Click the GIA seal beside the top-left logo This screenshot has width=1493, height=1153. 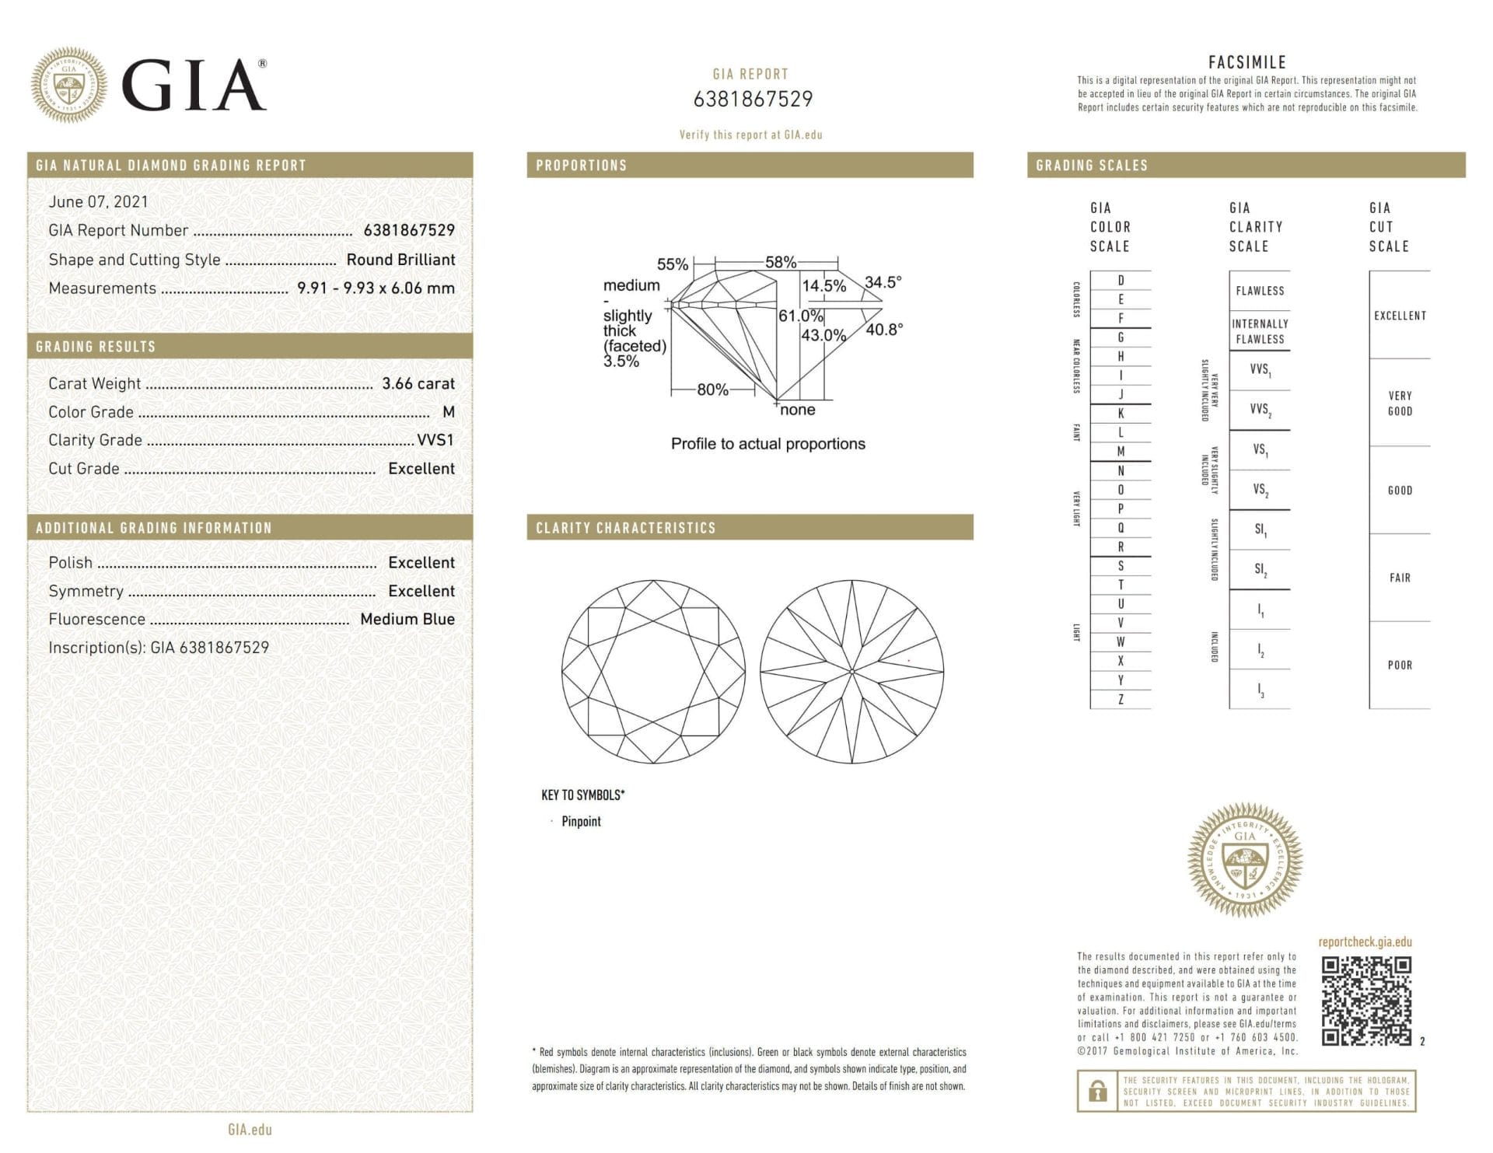tap(68, 85)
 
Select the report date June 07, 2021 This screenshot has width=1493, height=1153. tap(98, 201)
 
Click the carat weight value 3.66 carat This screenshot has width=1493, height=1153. tap(418, 383)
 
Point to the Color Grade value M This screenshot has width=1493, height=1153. tap(448, 412)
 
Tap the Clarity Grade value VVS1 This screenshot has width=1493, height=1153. tap(435, 440)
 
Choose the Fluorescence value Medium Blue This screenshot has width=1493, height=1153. tap(407, 619)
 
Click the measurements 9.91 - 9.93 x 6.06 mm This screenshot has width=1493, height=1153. tap(376, 288)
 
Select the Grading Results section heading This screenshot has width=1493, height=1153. tap(96, 347)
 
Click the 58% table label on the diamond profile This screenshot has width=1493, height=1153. tap(780, 262)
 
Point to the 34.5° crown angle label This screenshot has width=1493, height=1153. tap(883, 281)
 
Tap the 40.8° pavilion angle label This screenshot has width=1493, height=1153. tap(884, 330)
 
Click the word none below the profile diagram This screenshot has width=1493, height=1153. tap(797, 410)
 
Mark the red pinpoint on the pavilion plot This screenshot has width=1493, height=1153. tap(909, 661)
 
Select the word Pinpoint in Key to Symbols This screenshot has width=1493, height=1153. tap(581, 821)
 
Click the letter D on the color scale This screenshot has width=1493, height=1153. tap(1121, 280)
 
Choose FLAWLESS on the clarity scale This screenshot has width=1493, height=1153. tap(1260, 291)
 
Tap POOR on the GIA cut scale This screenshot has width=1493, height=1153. tap(1400, 665)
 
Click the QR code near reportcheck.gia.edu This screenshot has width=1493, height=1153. tap(1366, 1001)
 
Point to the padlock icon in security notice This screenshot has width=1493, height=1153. tap(1097, 1091)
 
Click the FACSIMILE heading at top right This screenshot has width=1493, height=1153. tap(1246, 62)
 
